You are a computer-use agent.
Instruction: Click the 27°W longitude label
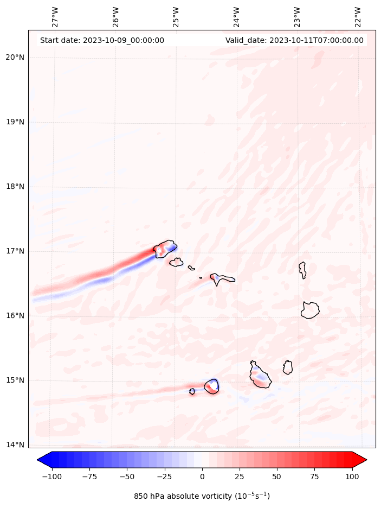[55, 17]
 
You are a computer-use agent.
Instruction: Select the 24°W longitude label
[236, 17]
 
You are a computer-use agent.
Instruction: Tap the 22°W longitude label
[358, 17]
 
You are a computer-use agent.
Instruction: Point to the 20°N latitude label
[15, 58]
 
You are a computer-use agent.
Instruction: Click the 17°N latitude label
[15, 251]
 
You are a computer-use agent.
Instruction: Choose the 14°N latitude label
[15, 445]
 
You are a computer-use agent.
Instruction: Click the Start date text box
[102, 40]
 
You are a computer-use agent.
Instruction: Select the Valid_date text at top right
[294, 40]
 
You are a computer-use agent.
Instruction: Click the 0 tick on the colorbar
[202, 477]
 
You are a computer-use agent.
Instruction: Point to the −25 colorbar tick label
[164, 477]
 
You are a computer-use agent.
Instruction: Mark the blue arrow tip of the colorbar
[42, 460]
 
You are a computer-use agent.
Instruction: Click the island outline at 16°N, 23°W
[310, 310]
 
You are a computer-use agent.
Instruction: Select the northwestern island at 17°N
[165, 249]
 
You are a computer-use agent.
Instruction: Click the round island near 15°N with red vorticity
[211, 386]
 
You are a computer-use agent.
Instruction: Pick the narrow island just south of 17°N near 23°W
[302, 270]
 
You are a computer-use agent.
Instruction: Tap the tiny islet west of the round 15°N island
[192, 391]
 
